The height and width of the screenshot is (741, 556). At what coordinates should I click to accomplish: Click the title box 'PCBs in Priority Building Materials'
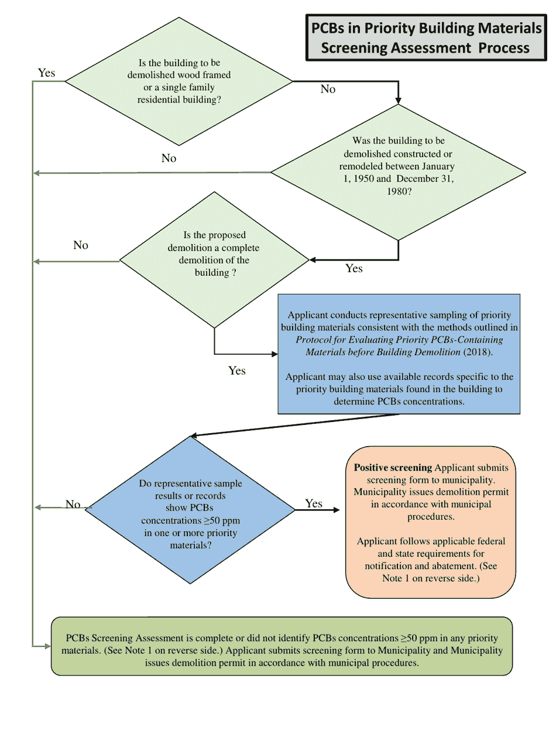coord(425,37)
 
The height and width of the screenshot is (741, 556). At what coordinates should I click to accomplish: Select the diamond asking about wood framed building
coord(179,81)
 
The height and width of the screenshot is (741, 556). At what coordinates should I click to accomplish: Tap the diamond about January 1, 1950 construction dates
coord(399,173)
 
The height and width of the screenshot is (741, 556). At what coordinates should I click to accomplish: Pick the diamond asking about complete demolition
coord(214,259)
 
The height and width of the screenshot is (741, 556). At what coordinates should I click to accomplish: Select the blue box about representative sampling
coord(399,354)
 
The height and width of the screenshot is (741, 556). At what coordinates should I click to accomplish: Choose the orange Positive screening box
coord(431,522)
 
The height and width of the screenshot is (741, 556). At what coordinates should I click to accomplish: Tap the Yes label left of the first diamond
coord(47,73)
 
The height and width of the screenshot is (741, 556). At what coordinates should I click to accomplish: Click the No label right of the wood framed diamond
coord(328,89)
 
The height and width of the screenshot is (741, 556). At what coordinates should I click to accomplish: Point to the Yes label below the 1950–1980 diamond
coord(354,268)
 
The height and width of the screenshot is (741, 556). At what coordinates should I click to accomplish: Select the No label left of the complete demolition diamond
coord(81,245)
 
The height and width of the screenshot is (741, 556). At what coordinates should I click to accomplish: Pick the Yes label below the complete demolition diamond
coord(237,370)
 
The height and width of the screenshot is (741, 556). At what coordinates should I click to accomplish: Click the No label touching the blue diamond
coord(73,505)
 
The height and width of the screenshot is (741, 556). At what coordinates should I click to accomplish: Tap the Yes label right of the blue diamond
coord(314,503)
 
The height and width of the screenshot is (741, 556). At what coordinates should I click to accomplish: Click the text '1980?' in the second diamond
coord(399,191)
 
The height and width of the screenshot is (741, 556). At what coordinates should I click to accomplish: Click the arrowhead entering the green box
coord(47,646)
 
